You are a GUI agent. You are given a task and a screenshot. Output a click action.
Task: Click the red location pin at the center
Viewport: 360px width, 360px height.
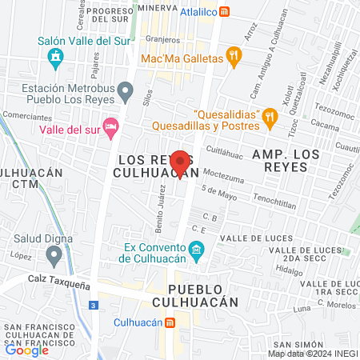[x=181, y=162]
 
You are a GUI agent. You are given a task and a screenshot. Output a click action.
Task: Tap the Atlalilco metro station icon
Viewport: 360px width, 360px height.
[x=226, y=11]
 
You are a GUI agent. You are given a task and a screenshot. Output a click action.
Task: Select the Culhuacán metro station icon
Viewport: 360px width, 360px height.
[x=170, y=322]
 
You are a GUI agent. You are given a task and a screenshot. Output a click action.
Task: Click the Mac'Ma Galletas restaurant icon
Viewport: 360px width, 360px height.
[x=234, y=55]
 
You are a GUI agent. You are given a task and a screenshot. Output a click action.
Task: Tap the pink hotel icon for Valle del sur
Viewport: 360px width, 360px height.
[x=111, y=128]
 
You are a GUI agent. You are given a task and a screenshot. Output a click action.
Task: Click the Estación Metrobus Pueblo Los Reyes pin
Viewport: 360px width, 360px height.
[x=125, y=93]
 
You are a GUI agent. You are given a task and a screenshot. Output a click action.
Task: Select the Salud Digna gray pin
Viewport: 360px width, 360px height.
[x=54, y=255]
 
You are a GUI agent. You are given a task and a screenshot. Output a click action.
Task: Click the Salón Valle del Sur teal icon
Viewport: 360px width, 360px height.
[x=54, y=58]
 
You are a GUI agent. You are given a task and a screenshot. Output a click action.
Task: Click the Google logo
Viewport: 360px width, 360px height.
[x=27, y=350]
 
